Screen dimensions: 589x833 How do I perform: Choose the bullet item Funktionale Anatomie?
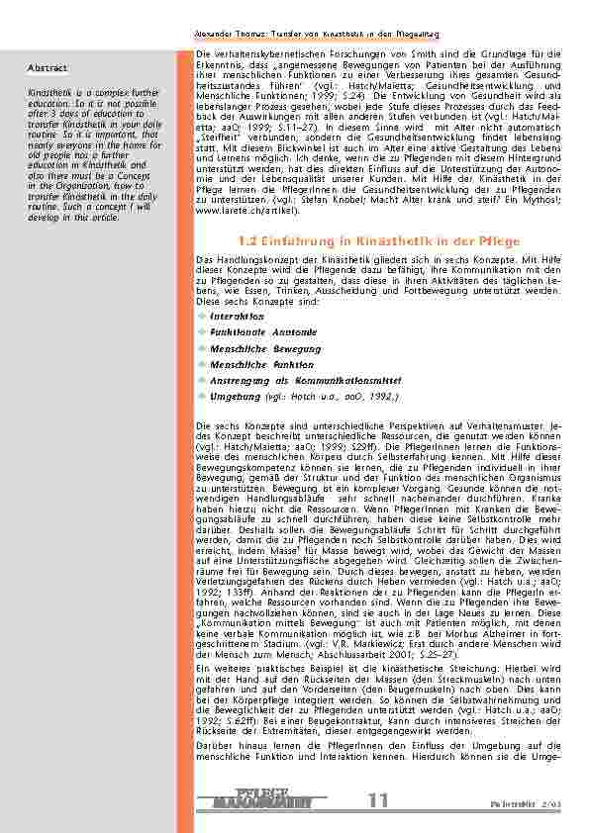coord(263,332)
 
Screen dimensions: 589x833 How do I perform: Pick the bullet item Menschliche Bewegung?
coord(265,348)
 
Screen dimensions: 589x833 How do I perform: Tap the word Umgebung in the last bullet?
coord(236,396)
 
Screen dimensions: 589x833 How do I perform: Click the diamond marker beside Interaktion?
coord(202,317)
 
